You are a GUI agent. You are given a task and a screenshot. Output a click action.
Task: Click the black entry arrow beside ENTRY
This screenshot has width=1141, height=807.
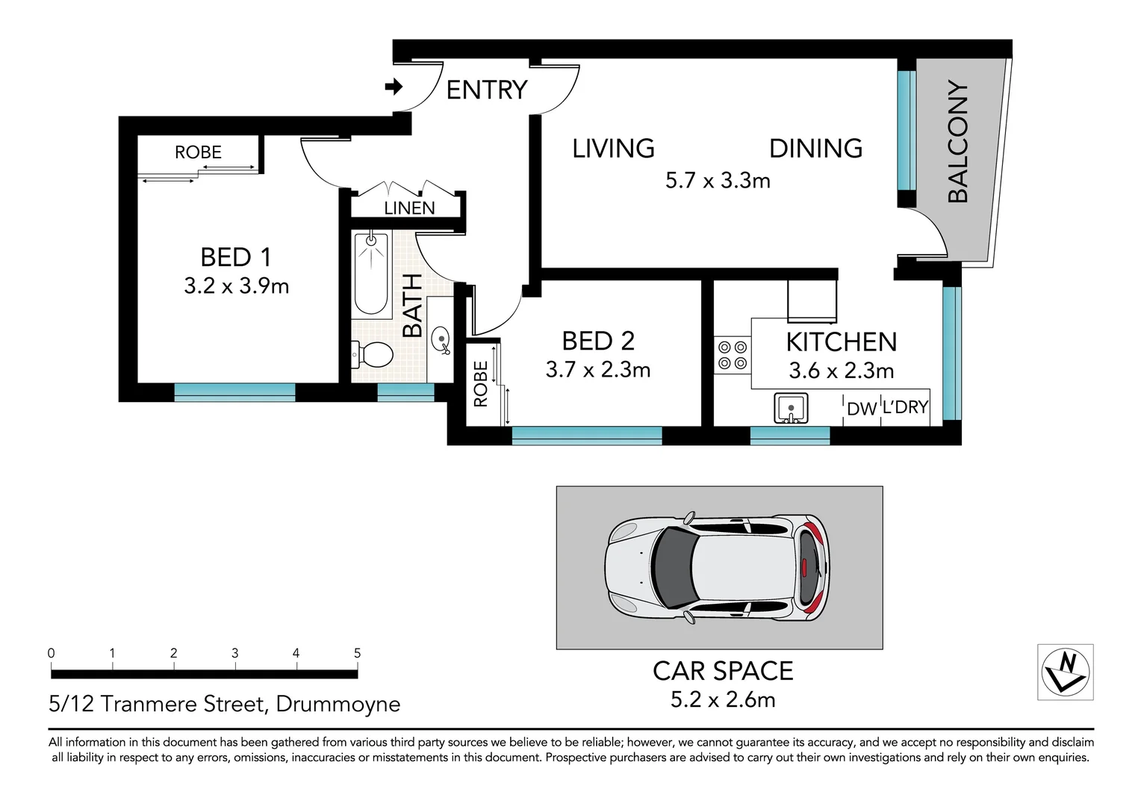coord(394,87)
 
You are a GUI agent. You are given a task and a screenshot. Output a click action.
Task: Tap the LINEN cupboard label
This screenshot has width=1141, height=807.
coord(409,208)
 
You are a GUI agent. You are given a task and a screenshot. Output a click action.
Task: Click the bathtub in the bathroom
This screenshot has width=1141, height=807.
coord(371,273)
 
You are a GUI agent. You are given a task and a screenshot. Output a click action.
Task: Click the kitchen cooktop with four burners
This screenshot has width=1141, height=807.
coord(733,356)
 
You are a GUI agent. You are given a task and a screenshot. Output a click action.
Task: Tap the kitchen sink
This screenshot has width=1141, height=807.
coord(791,408)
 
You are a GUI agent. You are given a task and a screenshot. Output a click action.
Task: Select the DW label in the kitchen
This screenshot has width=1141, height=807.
coord(862,408)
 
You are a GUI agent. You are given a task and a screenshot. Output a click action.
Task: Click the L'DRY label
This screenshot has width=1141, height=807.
coord(905,407)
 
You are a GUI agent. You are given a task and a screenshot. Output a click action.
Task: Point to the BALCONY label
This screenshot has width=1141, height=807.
coord(957,141)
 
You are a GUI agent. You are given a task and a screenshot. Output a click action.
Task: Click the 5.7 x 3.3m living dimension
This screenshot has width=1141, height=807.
coord(718,181)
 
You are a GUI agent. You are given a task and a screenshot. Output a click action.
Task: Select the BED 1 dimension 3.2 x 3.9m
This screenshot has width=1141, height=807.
coord(237,286)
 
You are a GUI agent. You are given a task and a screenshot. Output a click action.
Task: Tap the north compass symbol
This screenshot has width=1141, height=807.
coord(1066,672)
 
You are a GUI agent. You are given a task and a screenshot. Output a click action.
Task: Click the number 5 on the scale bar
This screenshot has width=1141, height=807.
coord(358,653)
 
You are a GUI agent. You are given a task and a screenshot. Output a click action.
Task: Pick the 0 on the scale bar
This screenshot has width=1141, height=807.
coord(51,653)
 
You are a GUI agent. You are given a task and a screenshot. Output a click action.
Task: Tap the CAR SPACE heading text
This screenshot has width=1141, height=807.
coord(723,671)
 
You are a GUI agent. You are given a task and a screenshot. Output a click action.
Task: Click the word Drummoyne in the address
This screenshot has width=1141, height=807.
coord(338,705)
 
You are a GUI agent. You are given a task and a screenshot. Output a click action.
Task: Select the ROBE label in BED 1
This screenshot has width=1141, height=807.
coord(198,152)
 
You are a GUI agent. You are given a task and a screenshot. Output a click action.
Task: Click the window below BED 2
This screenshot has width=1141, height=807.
coord(587,436)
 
